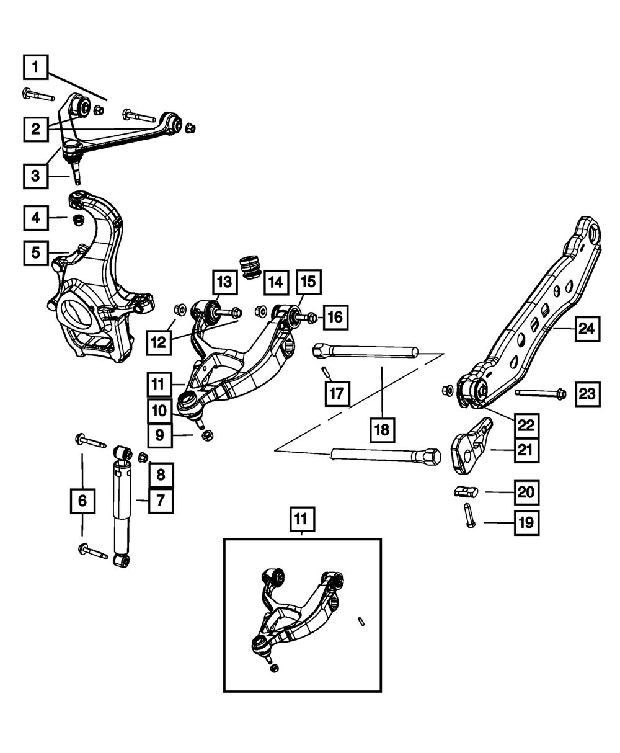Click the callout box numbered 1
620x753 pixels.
(36, 67)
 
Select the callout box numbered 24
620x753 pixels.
(588, 329)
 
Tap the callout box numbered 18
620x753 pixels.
(382, 430)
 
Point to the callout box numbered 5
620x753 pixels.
(36, 253)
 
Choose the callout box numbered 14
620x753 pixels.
(276, 283)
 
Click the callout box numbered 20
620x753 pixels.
(526, 492)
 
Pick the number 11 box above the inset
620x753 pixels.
(303, 519)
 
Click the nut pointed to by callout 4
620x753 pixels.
(78, 220)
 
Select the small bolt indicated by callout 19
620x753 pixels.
(469, 515)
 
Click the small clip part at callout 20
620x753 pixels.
(466, 491)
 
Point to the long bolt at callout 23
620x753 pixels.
(541, 393)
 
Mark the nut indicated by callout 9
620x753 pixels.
(207, 435)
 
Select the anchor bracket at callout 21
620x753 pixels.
(471, 446)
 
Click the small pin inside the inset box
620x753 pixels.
(361, 622)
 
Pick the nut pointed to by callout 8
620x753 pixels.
(143, 457)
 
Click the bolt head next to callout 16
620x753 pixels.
(313, 318)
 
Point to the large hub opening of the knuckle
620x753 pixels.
(78, 312)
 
